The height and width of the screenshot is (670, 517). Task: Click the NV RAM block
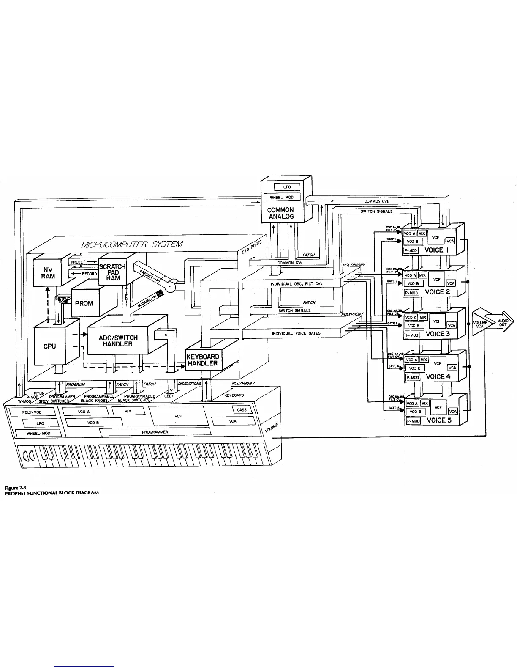(48, 271)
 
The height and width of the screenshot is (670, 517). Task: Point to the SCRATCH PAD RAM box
(113, 272)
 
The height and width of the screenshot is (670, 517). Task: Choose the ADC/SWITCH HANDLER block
(118, 340)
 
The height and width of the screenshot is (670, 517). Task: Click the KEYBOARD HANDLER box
(202, 360)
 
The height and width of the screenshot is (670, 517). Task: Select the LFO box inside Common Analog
(287, 187)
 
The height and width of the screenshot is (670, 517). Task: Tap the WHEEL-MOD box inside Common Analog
(282, 197)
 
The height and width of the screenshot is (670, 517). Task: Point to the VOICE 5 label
(439, 420)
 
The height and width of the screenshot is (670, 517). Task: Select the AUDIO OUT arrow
(501, 322)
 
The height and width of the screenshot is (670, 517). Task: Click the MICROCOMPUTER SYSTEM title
(133, 244)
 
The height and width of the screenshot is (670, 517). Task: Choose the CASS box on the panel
(242, 410)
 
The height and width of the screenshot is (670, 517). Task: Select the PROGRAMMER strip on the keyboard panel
(155, 432)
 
